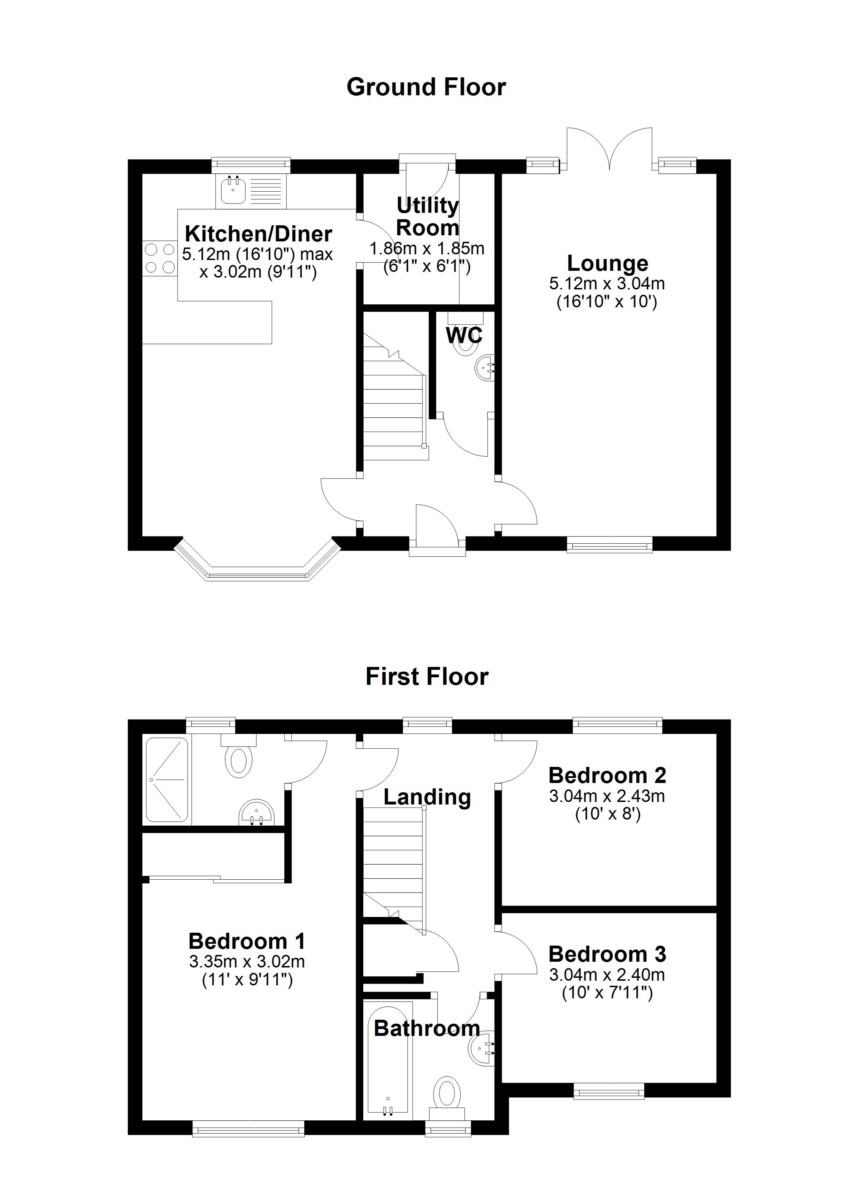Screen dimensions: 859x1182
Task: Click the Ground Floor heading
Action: pyautogui.click(x=426, y=87)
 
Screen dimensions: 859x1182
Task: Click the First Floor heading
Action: pyautogui.click(x=427, y=677)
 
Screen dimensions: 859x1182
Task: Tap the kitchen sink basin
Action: pyautogui.click(x=232, y=191)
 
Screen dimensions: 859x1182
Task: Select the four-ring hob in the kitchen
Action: pyautogui.click(x=160, y=259)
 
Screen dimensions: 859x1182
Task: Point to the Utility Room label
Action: pyautogui.click(x=428, y=217)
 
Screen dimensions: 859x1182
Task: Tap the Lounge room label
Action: pyautogui.click(x=607, y=264)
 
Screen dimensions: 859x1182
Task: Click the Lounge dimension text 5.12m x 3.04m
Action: pyautogui.click(x=607, y=284)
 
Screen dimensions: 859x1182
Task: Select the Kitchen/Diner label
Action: pyautogui.click(x=258, y=234)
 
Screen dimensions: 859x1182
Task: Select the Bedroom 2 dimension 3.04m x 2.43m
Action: pyautogui.click(x=607, y=796)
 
